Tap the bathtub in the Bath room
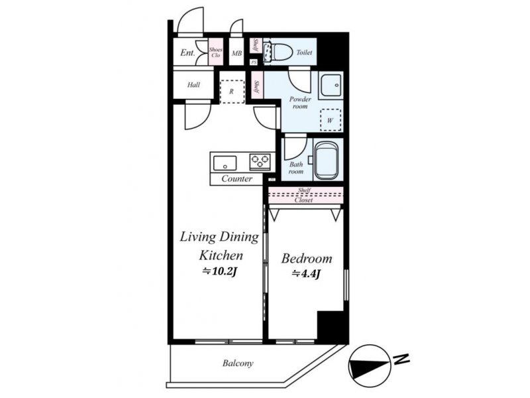326,160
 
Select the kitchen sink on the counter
225,163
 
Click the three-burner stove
260,161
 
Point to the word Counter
237,178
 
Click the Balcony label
238,364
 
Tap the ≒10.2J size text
220,271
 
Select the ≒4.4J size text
306,273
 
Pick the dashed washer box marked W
330,120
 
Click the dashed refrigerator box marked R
232,92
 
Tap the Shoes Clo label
216,52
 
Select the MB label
237,53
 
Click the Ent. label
187,52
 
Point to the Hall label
193,85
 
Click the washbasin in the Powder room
332,85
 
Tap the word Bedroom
307,259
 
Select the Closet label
303,200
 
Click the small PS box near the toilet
254,62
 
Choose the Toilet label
304,52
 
